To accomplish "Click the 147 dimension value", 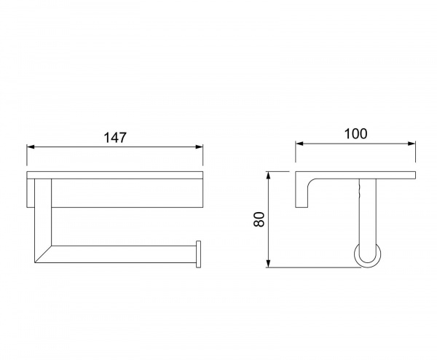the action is (115, 138).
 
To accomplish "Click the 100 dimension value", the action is (356, 133).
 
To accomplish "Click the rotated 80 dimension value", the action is (259, 219).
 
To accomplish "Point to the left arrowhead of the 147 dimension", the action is (31, 147).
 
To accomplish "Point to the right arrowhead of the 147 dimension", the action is (200, 147).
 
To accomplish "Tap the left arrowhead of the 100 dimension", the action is (299, 144).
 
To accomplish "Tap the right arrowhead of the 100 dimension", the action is (412, 144).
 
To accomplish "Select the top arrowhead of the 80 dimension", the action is (268, 176).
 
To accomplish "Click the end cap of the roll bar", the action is (198, 254).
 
